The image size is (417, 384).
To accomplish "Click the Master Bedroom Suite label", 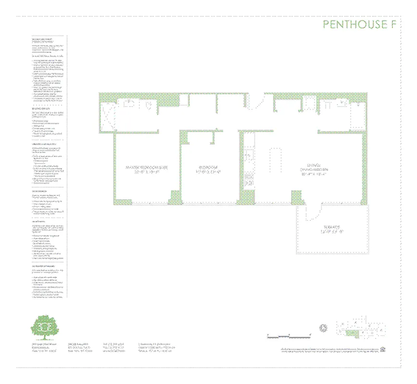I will point(142,168).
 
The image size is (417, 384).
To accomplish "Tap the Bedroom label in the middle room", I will point(209,168).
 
